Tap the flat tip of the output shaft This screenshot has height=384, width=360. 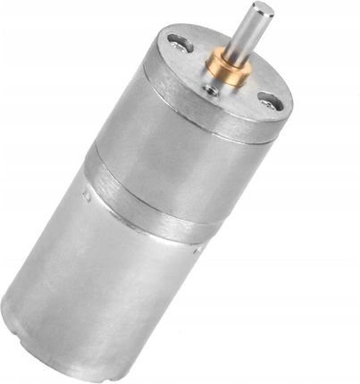(262, 9)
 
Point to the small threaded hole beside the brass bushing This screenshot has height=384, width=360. (211, 89)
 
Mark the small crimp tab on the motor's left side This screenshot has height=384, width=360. (82, 192)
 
